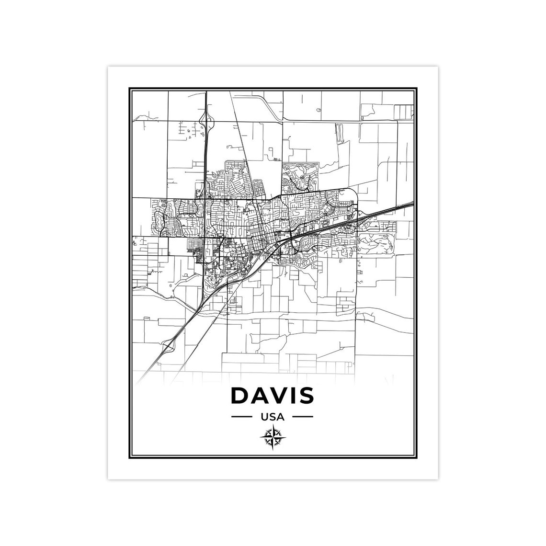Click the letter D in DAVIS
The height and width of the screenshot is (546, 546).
240,395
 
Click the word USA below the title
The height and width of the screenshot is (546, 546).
273,417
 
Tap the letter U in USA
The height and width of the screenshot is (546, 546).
264,417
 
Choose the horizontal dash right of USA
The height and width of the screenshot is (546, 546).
303,417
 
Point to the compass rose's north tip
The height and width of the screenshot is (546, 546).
273,428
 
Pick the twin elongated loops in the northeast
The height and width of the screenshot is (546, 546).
339,133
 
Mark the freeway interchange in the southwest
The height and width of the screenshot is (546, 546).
167,343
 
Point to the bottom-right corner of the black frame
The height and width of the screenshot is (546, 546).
418,458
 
